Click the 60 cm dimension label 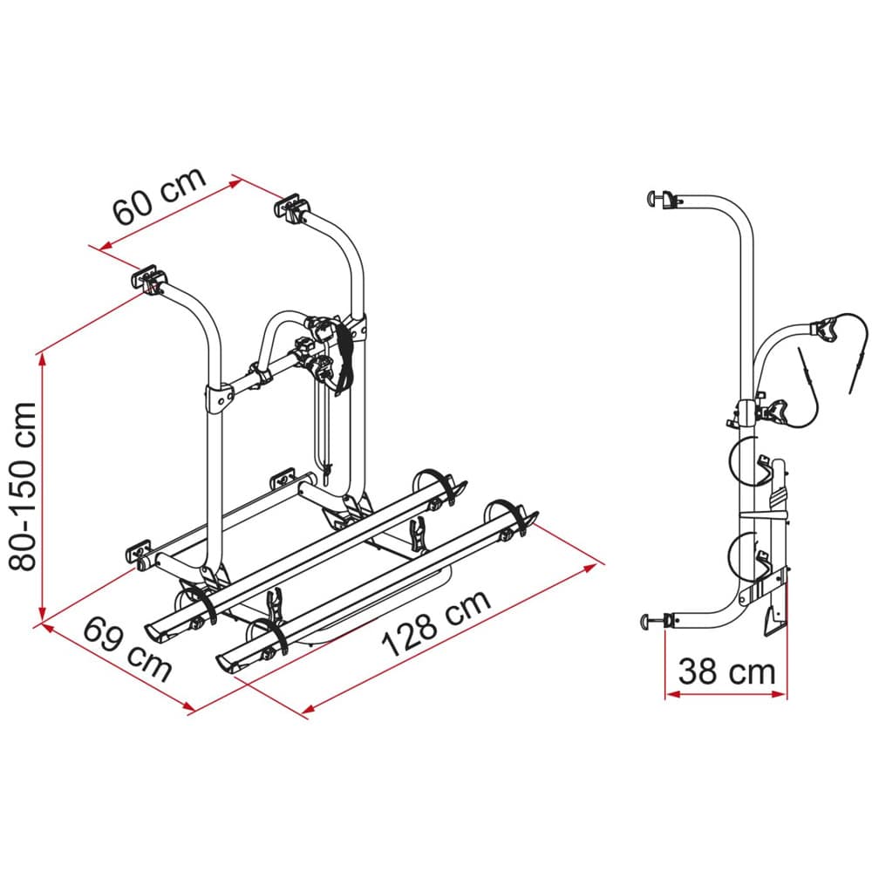tap(160, 195)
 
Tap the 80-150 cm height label tap(23, 486)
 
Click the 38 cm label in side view tap(726, 671)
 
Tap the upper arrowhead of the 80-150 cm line tap(41, 363)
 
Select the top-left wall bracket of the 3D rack tap(149, 278)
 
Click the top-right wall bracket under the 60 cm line tap(293, 207)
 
